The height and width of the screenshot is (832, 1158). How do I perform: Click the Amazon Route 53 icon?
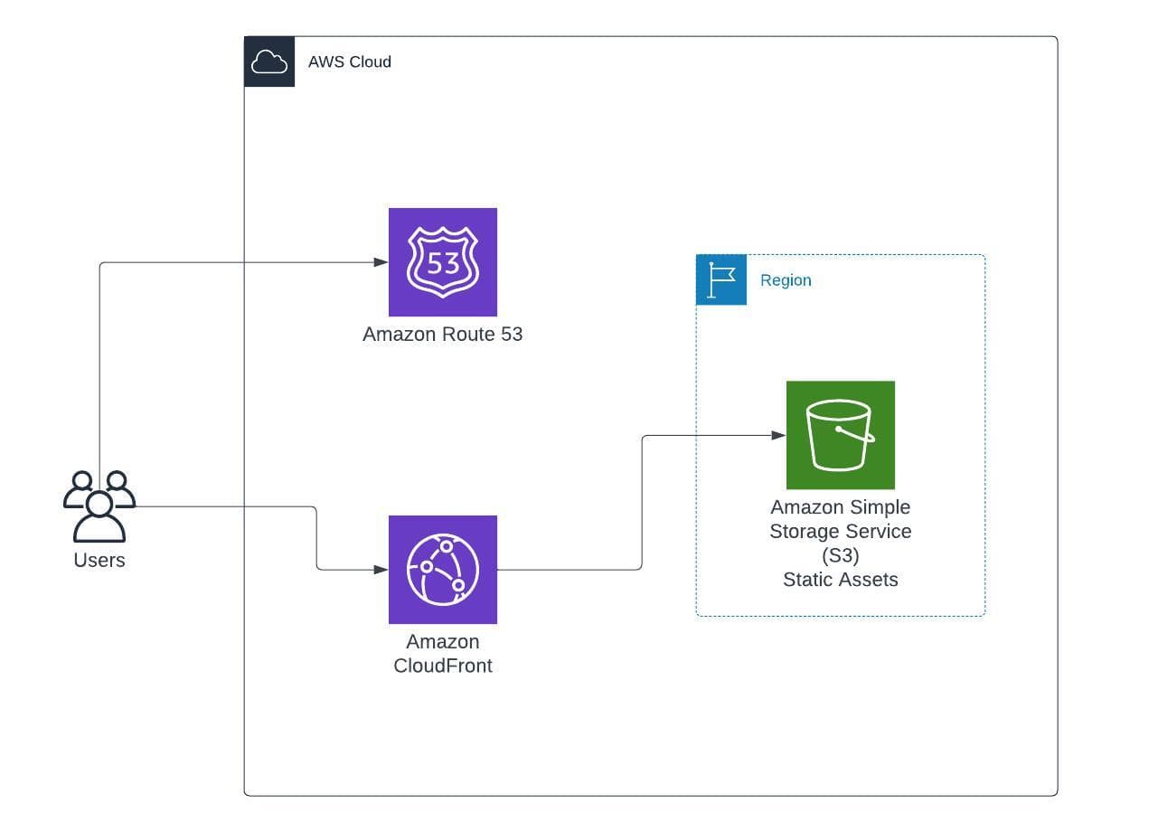(442, 262)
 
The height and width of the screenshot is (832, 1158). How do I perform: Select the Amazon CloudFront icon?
(442, 570)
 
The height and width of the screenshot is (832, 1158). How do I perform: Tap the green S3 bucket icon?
(840, 435)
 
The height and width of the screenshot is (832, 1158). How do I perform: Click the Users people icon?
(99, 506)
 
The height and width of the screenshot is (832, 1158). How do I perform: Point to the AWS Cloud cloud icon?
(269, 61)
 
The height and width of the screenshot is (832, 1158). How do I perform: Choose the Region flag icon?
(721, 279)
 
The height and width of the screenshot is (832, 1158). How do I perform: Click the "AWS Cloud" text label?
(349, 62)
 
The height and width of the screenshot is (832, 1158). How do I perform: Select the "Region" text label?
(786, 280)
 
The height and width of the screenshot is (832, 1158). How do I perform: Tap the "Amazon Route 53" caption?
(442, 334)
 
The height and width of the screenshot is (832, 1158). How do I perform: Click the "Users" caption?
(99, 560)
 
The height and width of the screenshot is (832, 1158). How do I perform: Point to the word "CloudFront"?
(443, 667)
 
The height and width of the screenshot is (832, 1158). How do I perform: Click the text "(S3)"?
(840, 555)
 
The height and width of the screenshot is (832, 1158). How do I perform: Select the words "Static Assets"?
(840, 580)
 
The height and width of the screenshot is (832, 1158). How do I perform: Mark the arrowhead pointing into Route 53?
(381, 262)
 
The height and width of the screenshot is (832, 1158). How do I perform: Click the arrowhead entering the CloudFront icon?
(381, 570)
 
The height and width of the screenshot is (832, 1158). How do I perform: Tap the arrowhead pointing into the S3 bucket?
(779, 435)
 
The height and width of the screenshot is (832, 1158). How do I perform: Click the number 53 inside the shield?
(443, 263)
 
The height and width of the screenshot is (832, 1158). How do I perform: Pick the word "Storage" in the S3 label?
(804, 531)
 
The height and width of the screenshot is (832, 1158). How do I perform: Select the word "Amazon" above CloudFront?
(442, 642)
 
